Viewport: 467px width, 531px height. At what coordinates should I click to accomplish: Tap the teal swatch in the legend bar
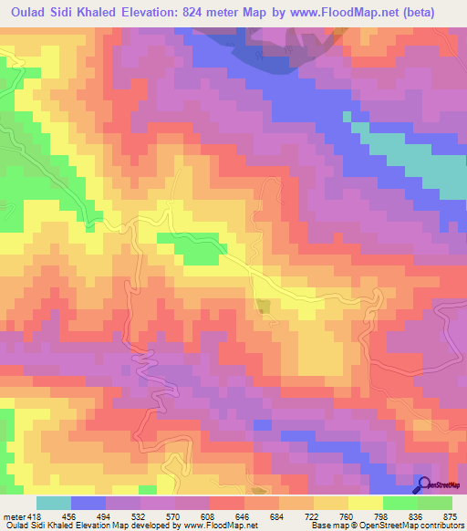(54, 504)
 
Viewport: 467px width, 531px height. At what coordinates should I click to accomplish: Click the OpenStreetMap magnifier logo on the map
(423, 485)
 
